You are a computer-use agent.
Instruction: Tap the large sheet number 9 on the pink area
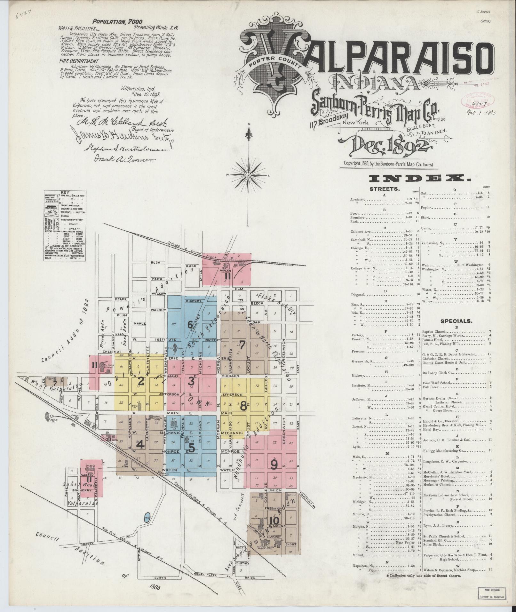coord(274,465)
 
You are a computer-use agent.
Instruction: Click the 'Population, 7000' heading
coord(117,21)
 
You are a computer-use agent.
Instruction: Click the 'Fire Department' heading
coord(78,61)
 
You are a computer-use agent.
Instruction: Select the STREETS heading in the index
coord(384,189)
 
